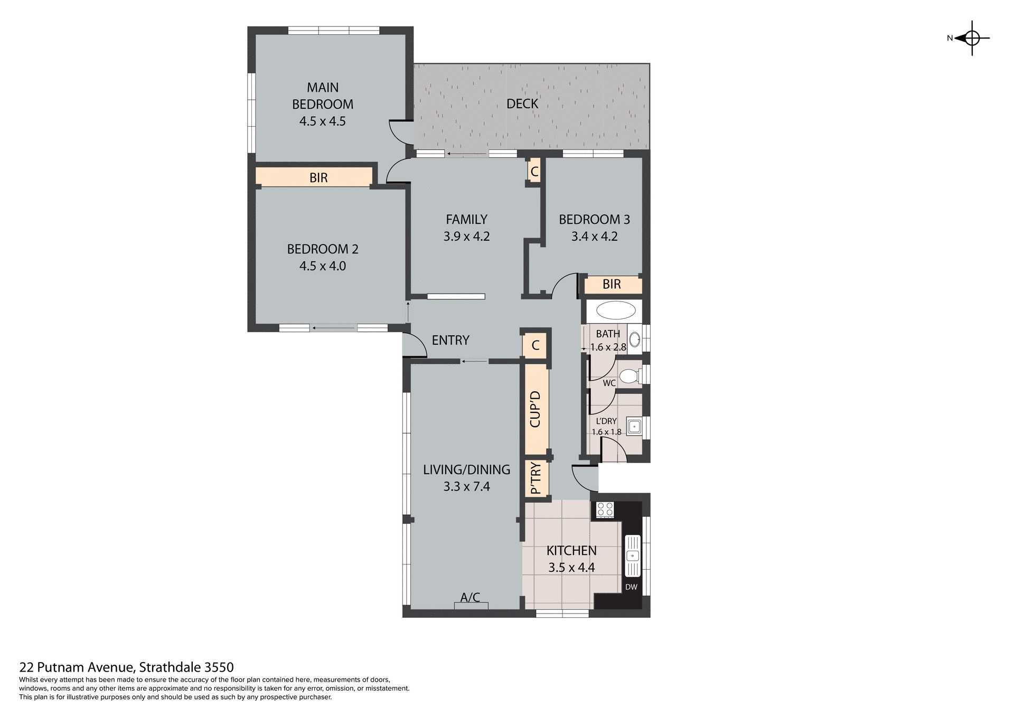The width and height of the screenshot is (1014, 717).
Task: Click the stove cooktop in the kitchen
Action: click(605, 510)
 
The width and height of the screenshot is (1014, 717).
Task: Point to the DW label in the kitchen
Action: click(631, 587)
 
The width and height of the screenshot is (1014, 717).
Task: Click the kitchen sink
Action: click(632, 556)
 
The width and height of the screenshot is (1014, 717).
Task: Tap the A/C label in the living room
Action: click(470, 597)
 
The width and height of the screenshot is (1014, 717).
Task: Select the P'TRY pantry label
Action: click(536, 478)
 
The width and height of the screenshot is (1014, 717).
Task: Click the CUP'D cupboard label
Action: click(536, 409)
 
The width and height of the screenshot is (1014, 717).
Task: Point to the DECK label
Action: click(522, 104)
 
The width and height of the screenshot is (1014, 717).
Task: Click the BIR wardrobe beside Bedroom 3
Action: click(612, 285)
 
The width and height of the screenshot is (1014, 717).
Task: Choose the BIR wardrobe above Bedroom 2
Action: click(318, 178)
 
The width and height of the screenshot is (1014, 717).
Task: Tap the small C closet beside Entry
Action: click(536, 346)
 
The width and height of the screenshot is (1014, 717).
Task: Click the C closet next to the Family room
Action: click(534, 172)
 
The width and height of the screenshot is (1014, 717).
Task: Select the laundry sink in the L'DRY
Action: click(633, 426)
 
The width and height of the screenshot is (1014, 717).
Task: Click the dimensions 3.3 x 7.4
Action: click(467, 487)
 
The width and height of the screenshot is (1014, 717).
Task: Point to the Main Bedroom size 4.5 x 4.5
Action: click(323, 121)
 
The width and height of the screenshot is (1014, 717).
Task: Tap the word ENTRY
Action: click(450, 341)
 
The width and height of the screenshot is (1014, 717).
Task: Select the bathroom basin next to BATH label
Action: click(635, 339)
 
